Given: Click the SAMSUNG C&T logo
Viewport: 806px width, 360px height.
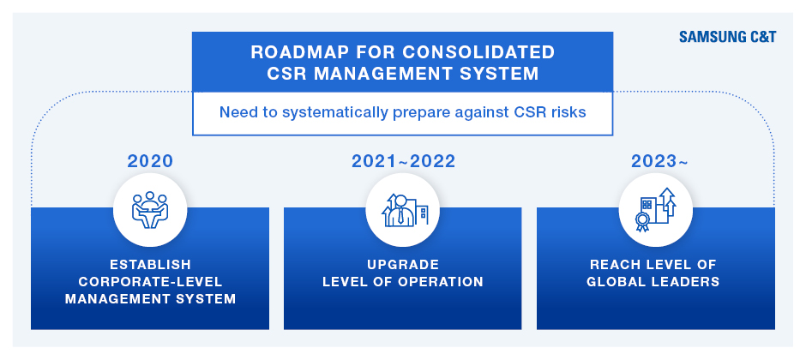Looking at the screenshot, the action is pyautogui.click(x=727, y=37).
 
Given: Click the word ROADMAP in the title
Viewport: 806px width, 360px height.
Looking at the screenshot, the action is pyautogui.click(x=291, y=52).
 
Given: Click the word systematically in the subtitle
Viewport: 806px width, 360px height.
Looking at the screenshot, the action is pyautogui.click(x=334, y=112).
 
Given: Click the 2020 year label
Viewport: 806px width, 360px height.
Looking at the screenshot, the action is pyautogui.click(x=150, y=161).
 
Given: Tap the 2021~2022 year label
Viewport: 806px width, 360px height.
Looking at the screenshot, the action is pyautogui.click(x=403, y=161).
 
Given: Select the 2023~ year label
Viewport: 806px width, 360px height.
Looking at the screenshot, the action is pyautogui.click(x=659, y=161).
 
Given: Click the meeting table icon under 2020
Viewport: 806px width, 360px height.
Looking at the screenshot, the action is pyautogui.click(x=149, y=210).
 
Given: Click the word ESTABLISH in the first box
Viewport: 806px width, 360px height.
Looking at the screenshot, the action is pyautogui.click(x=150, y=265).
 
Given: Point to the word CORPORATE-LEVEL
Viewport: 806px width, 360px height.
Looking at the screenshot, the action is pyautogui.click(x=150, y=281).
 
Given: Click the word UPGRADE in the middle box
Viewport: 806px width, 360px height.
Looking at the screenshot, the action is pyautogui.click(x=403, y=265).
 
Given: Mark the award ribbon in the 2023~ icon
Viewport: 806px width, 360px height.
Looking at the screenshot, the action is pyautogui.click(x=642, y=222).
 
